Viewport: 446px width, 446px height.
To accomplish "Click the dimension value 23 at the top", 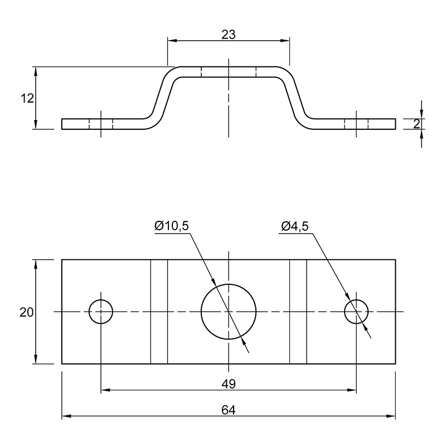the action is click(229, 35).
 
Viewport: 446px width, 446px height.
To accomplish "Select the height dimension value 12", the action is click(27, 99).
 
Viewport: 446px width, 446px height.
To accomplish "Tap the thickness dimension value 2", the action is click(416, 124).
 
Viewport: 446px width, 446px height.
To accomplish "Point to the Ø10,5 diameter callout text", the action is click(172, 226).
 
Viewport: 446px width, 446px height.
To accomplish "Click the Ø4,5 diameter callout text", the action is click(295, 226).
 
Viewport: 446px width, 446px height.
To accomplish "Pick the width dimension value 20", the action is click(26, 312).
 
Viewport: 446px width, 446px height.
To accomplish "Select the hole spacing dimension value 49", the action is click(229, 384).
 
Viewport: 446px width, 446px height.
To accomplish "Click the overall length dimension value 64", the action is click(229, 410).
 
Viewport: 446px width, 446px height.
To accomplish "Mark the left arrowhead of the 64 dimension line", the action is click(66, 416).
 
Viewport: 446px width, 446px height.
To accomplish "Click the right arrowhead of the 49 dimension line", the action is click(352, 390).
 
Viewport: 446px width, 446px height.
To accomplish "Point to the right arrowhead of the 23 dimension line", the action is click(285, 41).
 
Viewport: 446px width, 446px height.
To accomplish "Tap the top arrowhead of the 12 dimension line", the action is click(36, 71).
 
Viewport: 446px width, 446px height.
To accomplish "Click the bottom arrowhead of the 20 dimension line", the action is click(36, 359).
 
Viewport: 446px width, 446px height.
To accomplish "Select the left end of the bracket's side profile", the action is click(62, 124).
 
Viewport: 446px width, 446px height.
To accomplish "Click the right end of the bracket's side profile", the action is click(395, 124).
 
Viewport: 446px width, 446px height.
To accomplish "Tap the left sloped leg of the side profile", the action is click(163, 98).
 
